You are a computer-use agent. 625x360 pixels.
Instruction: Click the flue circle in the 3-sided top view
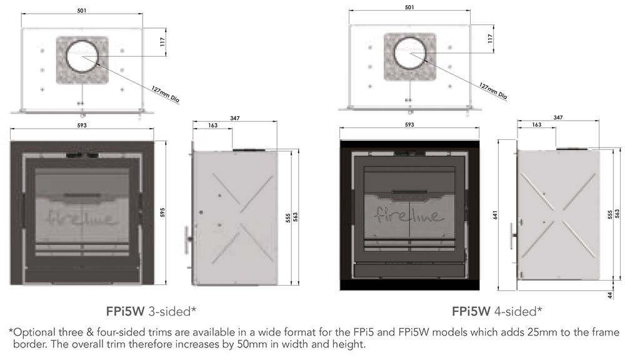[82, 56]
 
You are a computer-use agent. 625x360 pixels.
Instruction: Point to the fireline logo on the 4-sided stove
[409, 215]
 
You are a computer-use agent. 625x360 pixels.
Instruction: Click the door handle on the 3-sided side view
[188, 238]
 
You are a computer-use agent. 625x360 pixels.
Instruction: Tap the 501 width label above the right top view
[409, 7]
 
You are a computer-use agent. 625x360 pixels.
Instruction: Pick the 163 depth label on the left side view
[212, 126]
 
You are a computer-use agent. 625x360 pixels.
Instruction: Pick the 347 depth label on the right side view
[558, 117]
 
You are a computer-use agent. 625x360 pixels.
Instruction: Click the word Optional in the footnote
[33, 331]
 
